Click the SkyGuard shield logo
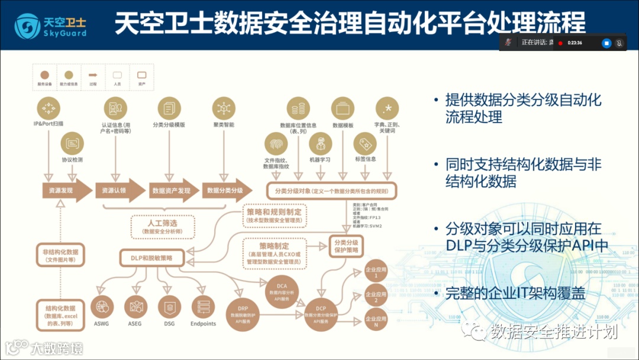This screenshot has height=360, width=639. [26, 25]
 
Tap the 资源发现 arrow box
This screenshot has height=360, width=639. [61, 191]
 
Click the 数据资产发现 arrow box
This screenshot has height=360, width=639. [171, 191]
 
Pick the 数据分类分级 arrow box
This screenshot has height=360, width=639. [225, 191]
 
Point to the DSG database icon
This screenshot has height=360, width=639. [169, 308]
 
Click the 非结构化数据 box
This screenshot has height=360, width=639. [61, 255]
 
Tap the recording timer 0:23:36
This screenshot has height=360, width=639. [575, 43]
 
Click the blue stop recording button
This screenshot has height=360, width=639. [606, 43]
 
